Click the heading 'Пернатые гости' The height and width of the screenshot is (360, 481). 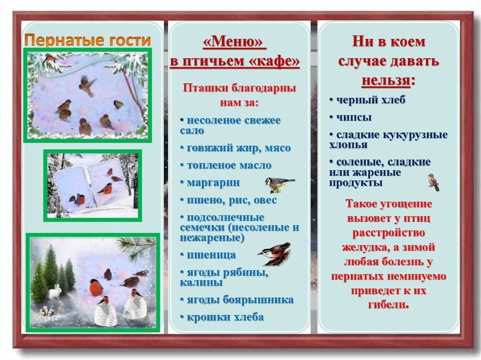click(87, 40)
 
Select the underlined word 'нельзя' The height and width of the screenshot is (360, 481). click(386, 81)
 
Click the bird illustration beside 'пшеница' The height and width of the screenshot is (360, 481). click(274, 254)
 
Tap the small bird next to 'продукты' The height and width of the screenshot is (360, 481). click(434, 182)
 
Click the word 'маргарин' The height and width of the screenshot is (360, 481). click(213, 183)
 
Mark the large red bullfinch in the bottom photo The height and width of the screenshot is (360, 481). click(96, 287)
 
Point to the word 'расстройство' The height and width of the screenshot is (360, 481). click(388, 233)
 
